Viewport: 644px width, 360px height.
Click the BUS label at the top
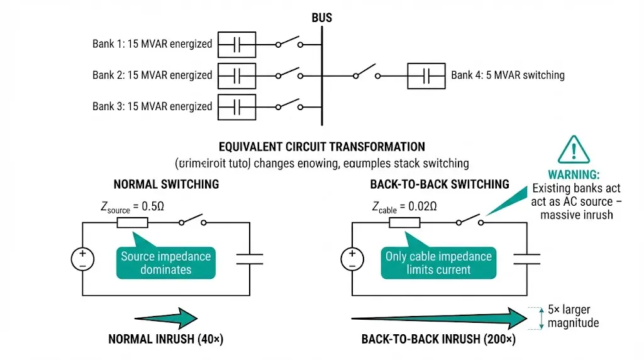point(321,18)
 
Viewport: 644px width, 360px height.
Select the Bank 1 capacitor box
point(236,45)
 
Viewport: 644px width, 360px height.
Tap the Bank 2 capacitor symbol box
point(236,75)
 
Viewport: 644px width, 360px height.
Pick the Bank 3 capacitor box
point(236,105)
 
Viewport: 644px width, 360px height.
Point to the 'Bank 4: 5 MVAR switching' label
point(508,75)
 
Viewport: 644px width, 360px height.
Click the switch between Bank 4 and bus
point(367,72)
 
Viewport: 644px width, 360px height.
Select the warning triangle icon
point(574,149)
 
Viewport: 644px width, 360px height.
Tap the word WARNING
point(574,174)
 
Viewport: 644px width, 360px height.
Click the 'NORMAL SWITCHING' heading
point(166,184)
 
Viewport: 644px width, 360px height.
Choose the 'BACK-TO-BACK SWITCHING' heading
point(440,184)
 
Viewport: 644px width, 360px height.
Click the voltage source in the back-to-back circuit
point(352,258)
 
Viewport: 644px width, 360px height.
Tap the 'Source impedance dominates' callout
point(165,262)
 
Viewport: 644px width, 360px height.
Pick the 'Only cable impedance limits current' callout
point(438,262)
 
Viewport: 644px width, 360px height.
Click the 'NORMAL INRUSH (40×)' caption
point(165,339)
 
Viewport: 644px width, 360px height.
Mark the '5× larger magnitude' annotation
point(572,317)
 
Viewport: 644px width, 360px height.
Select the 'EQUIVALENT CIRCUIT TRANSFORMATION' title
point(321,147)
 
